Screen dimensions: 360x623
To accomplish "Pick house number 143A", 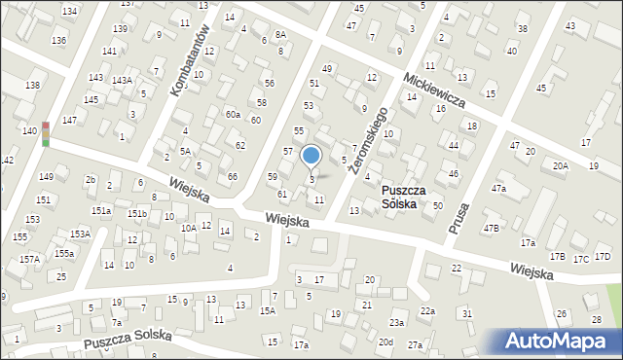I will [x=122, y=81].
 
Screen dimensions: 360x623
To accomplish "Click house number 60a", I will [x=233, y=115].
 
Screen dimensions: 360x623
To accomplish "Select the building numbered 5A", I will [x=184, y=151].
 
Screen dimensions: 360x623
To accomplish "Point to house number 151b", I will [x=137, y=213].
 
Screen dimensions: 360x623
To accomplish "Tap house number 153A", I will [x=80, y=234].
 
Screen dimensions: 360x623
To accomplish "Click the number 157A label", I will [x=30, y=259].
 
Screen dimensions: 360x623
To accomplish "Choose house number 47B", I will [x=493, y=228].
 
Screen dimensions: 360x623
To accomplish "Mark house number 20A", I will [x=560, y=166].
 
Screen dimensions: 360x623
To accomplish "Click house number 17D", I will [x=603, y=257].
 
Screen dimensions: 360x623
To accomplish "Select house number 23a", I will [x=396, y=322].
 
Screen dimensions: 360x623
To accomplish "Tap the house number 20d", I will [x=385, y=342].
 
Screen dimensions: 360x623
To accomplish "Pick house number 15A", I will [x=267, y=310].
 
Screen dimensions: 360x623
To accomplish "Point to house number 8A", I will [x=280, y=34].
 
